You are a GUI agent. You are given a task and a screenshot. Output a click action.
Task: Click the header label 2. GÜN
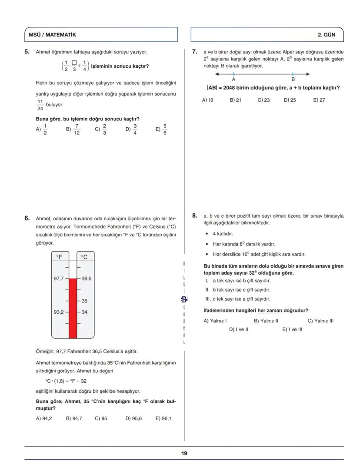point(327,34)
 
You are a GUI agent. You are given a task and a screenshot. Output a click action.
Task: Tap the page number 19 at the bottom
point(184,453)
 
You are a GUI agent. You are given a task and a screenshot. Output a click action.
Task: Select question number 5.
point(27,52)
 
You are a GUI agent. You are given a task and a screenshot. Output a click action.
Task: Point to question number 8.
point(195,215)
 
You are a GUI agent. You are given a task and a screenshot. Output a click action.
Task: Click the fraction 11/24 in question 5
point(40,105)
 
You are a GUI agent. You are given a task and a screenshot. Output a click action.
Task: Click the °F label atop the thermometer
point(60,257)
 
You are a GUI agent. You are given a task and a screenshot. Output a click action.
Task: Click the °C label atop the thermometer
point(85,257)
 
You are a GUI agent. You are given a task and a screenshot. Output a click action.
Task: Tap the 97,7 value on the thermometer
point(59,278)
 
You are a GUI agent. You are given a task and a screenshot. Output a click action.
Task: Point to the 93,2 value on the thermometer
point(59,312)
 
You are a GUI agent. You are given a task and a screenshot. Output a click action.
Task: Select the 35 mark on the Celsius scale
point(84,301)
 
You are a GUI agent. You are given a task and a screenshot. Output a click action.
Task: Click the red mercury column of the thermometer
point(73,308)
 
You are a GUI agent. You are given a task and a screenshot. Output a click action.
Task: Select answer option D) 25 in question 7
point(290,100)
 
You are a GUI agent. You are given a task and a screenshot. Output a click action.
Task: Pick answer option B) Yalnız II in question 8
point(266,321)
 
